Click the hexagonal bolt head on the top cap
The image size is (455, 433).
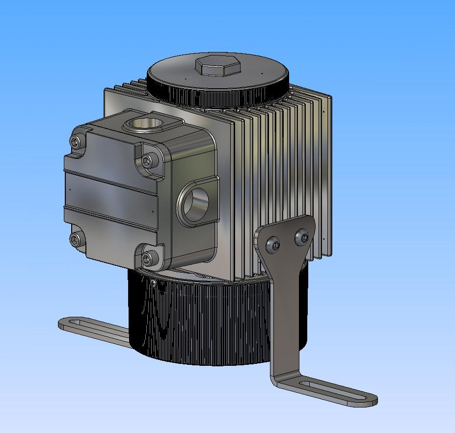217,65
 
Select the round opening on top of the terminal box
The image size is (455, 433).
147,123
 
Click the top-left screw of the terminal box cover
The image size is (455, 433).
75,142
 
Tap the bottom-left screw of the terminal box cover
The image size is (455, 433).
75,239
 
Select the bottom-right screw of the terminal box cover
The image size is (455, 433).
147,258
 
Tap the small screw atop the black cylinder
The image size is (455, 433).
154,283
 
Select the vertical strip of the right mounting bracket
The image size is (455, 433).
285,314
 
